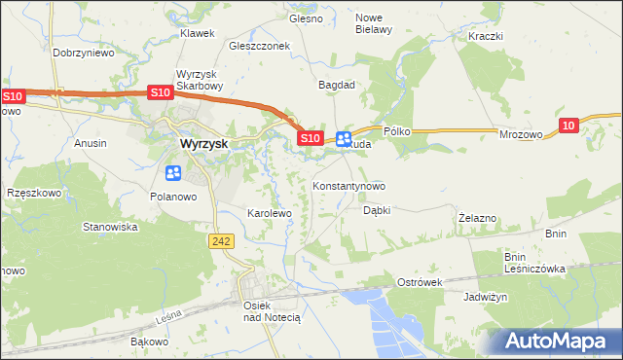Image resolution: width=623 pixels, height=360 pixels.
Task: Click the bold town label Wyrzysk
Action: pos(204,143)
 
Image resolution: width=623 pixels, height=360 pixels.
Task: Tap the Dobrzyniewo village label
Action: pos(84,54)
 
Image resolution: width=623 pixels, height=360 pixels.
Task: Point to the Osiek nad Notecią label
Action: pos(260,310)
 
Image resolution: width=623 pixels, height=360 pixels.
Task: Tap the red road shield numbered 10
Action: pos(571,124)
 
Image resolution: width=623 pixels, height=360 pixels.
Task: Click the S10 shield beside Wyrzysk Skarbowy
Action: pos(161,92)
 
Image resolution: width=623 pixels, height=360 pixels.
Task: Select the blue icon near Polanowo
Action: pos(173,174)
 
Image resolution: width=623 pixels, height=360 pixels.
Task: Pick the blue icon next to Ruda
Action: pos(344,138)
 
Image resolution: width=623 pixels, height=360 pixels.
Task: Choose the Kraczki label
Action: pos(484,36)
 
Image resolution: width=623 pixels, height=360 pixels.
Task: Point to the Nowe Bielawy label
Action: pos(373,23)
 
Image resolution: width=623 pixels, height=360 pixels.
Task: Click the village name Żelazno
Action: pos(478,218)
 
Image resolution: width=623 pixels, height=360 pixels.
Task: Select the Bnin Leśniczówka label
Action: pos(534,263)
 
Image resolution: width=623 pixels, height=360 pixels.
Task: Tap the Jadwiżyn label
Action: pos(486,297)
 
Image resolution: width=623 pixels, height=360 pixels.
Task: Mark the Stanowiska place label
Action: pos(110,227)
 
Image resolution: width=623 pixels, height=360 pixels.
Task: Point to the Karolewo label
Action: pos(270,212)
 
